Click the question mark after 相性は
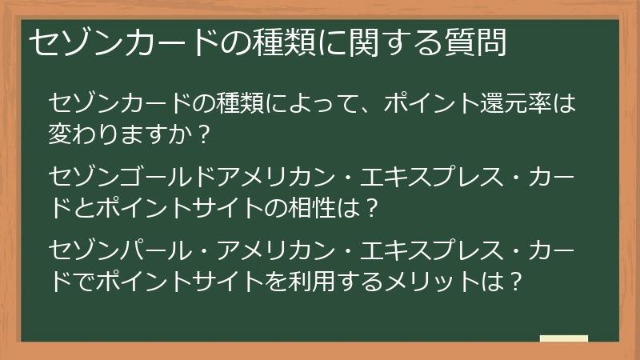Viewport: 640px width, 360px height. pyautogui.click(x=369, y=208)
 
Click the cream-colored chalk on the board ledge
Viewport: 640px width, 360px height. pyautogui.click(x=563, y=338)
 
